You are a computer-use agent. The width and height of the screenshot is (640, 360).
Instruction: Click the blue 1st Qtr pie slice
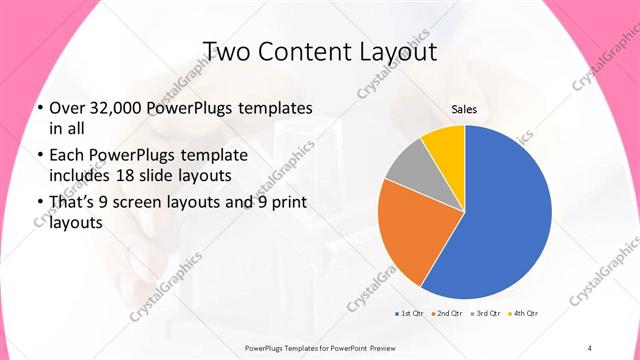point(505,215)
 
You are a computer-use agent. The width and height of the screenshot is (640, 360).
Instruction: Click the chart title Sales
point(463,109)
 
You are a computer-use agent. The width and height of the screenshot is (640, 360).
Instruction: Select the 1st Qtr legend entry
point(410,314)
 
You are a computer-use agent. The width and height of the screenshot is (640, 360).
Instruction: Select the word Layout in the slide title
point(394,50)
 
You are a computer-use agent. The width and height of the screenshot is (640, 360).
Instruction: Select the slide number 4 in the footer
point(589,347)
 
